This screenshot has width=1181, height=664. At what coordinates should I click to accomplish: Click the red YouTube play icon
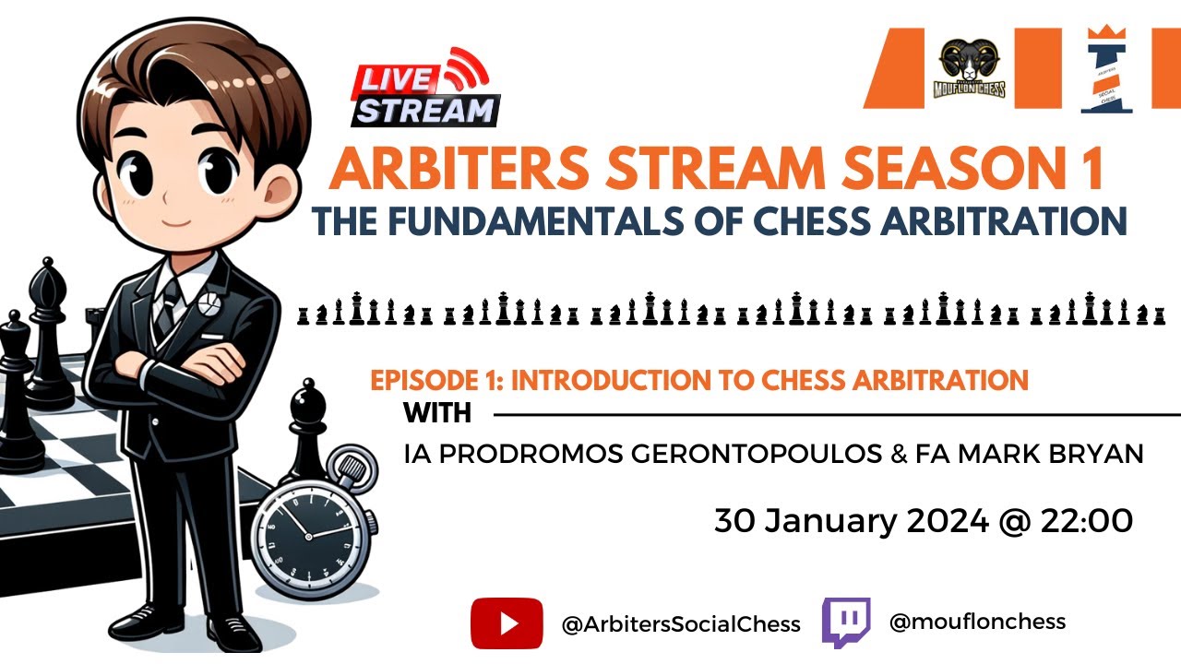click(x=507, y=623)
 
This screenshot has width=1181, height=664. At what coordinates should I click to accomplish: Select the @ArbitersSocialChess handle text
click(x=681, y=624)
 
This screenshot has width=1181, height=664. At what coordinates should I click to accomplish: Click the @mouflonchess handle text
click(x=977, y=622)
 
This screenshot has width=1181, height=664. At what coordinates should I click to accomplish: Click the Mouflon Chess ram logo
click(x=972, y=69)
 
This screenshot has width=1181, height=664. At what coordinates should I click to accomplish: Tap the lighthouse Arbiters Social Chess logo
click(x=1107, y=70)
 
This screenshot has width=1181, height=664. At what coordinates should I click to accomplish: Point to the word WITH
click(x=437, y=414)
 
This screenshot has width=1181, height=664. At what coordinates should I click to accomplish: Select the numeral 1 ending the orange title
click(x=1093, y=170)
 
